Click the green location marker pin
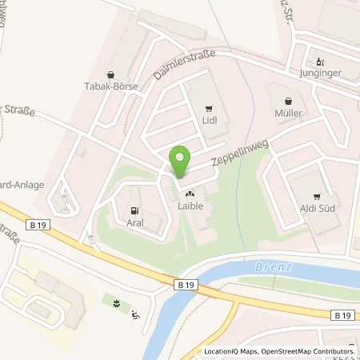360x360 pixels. tap(181, 162)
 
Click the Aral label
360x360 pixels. tap(134, 224)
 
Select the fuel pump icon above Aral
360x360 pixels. tap(134, 211)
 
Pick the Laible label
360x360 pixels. tap(190, 206)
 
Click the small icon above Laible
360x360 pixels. tap(190, 194)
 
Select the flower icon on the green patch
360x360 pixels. tap(118, 303)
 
